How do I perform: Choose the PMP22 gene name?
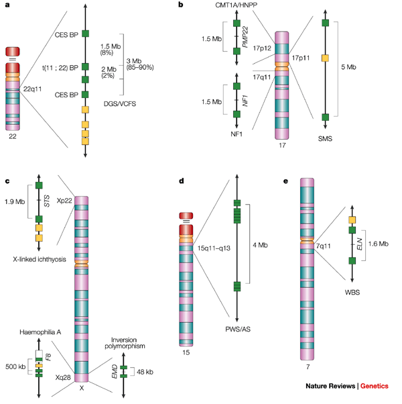point(255,36)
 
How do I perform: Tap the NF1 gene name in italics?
point(255,100)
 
